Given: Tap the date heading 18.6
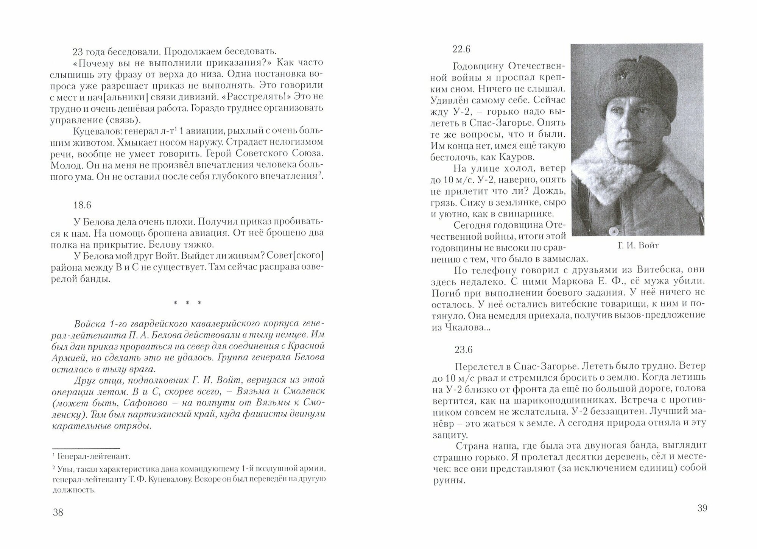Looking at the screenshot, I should (x=82, y=205).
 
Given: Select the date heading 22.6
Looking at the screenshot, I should (x=462, y=49).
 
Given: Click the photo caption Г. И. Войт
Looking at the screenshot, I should (x=638, y=246).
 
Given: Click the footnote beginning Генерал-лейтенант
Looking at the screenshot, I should (x=95, y=456).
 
